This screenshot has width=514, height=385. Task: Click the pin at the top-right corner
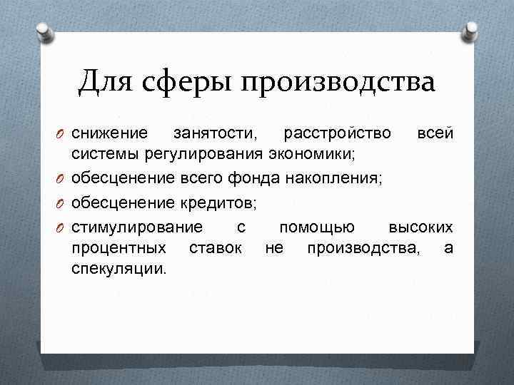coord(470,30)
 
